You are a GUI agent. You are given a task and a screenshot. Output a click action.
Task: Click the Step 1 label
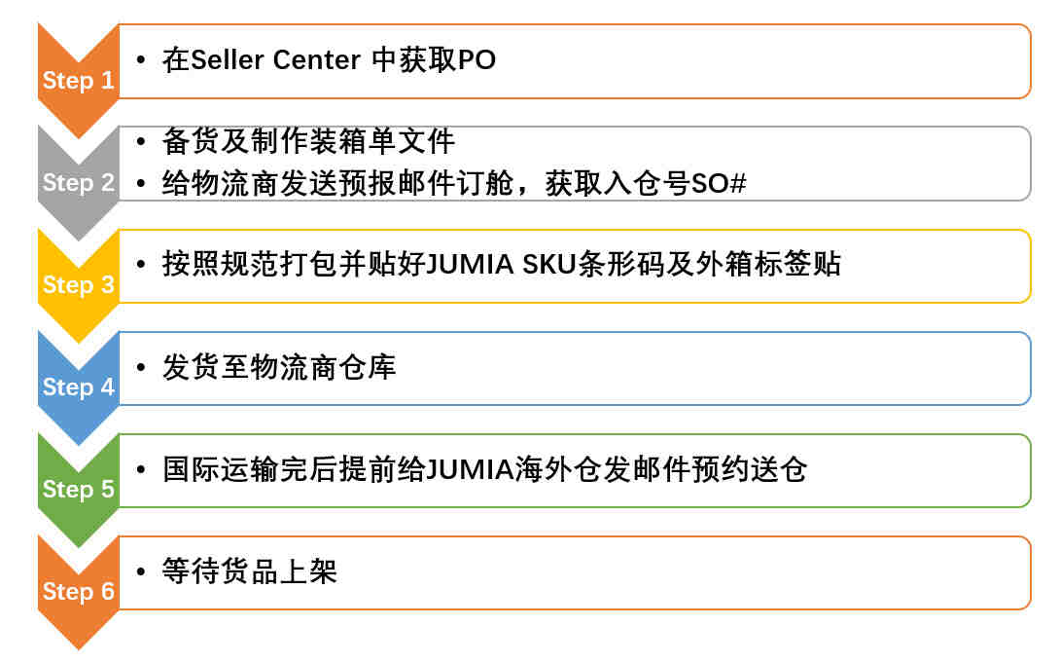click(79, 81)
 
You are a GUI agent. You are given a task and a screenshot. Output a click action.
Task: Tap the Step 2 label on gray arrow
click(79, 182)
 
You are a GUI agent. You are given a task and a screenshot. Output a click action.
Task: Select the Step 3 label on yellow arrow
click(79, 284)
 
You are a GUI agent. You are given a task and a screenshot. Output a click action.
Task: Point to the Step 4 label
click(79, 387)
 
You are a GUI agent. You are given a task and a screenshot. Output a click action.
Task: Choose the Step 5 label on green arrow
click(79, 489)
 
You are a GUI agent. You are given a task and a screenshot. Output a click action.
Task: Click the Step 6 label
click(79, 591)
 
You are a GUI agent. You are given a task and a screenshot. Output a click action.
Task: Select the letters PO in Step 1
click(477, 60)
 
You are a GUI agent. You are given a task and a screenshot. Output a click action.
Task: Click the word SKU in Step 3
click(549, 264)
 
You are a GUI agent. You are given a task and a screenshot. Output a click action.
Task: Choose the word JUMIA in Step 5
click(470, 469)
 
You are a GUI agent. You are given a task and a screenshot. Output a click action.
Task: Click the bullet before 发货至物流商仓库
click(140, 367)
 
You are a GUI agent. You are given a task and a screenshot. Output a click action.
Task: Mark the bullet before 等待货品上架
click(140, 571)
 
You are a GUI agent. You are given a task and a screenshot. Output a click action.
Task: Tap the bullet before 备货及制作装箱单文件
click(140, 141)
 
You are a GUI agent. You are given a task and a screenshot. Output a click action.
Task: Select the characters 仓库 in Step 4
click(368, 367)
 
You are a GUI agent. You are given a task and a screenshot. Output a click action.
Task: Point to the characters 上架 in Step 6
click(308, 571)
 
